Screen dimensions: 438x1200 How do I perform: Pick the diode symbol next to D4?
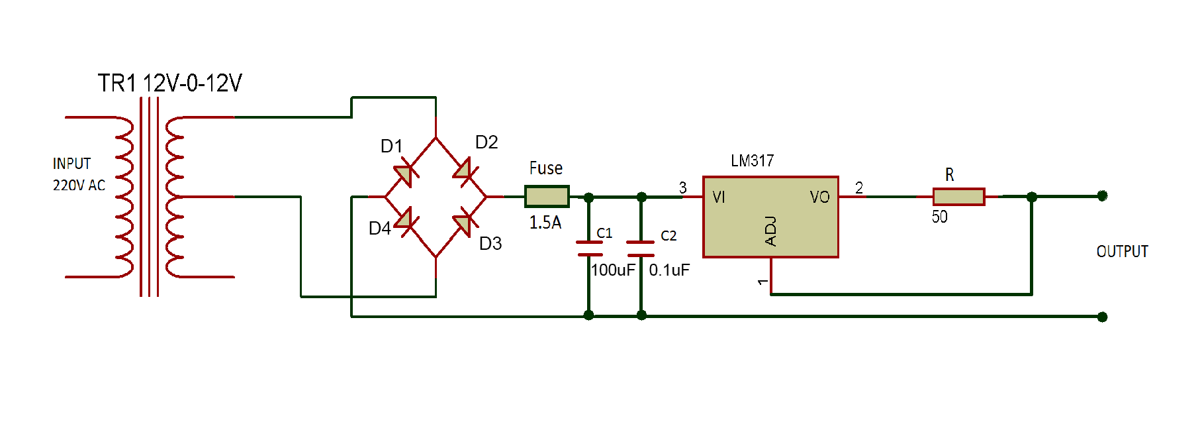pyautogui.click(x=404, y=220)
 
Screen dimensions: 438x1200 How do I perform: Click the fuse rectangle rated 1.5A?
pyautogui.click(x=547, y=196)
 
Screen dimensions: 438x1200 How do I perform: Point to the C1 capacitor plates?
pyautogui.click(x=589, y=248)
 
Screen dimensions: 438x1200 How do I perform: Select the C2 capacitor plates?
pyautogui.click(x=641, y=248)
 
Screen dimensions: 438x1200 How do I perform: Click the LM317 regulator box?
pyautogui.click(x=770, y=217)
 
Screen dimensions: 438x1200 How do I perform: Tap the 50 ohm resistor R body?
pyautogui.click(x=958, y=196)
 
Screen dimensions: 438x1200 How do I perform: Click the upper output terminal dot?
pyautogui.click(x=1102, y=195)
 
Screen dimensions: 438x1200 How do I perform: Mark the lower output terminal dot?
pyautogui.click(x=1102, y=317)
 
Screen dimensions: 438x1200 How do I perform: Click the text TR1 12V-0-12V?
pyautogui.click(x=170, y=83)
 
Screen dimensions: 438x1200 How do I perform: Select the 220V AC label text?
pyautogui.click(x=79, y=186)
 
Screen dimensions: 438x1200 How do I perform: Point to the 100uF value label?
pyautogui.click(x=613, y=270)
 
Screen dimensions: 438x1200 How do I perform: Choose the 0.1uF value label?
pyautogui.click(x=669, y=270)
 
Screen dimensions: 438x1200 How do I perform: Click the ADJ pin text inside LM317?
pyautogui.click(x=770, y=231)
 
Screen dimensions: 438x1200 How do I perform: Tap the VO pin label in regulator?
pyautogui.click(x=819, y=197)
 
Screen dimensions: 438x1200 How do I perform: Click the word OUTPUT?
pyautogui.click(x=1122, y=252)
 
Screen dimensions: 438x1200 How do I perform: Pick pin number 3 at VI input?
pyautogui.click(x=682, y=188)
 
